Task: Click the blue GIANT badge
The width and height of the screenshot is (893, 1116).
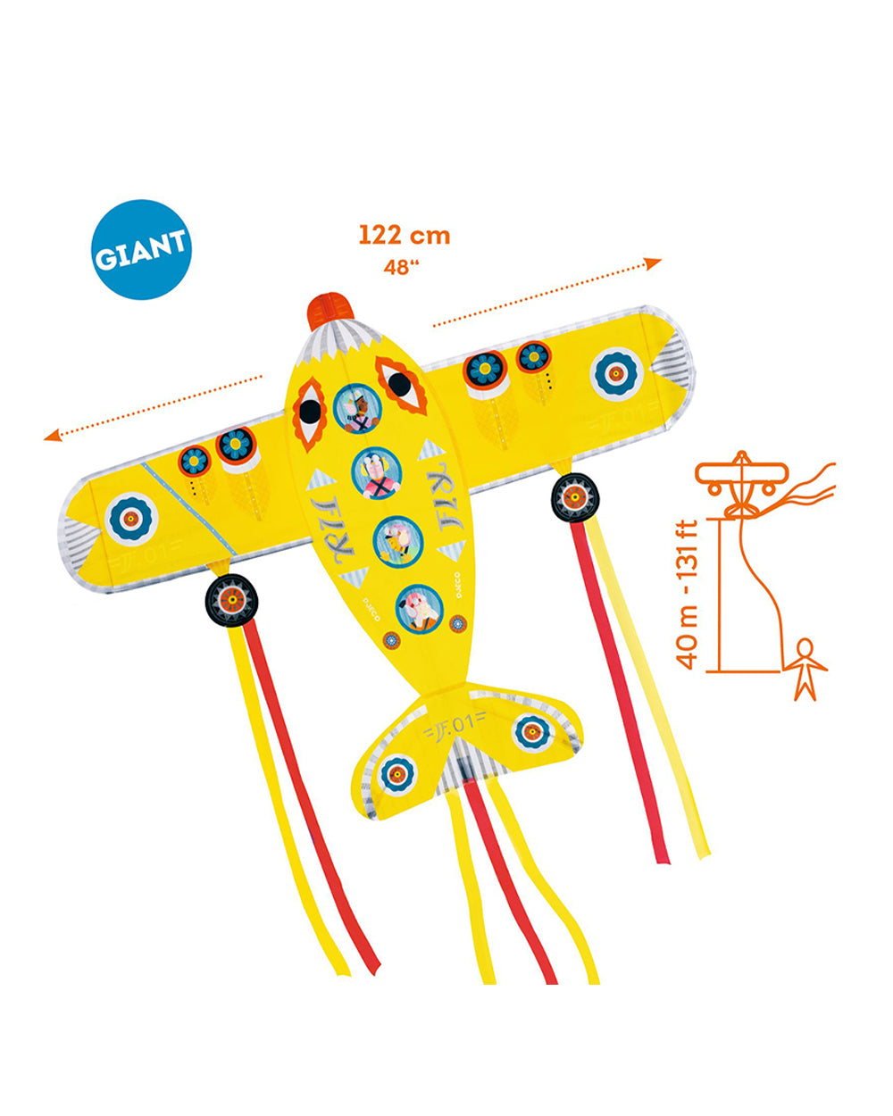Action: coord(141,249)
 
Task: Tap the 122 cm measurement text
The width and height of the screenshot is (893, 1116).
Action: coord(405,236)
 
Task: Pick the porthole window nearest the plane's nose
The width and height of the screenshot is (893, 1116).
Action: coord(356,408)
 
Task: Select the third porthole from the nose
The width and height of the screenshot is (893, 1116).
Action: coord(396,539)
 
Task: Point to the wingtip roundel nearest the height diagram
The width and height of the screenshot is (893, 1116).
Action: coord(616,373)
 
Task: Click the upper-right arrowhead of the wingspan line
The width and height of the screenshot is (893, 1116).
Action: coord(654,262)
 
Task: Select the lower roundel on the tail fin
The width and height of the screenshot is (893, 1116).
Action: coord(398,773)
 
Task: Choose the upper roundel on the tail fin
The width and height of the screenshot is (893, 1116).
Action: coord(530,732)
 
